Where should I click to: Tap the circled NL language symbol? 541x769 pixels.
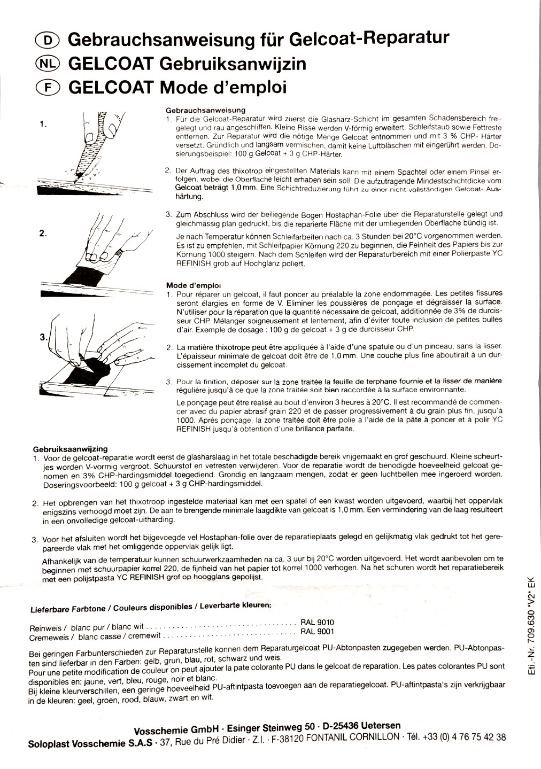(48, 64)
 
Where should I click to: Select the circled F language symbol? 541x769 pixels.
(48, 88)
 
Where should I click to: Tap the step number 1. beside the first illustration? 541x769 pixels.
(43, 124)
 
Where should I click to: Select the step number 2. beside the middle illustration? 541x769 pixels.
(43, 233)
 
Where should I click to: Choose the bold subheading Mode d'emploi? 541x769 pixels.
(194, 285)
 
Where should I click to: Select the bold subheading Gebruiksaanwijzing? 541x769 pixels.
(71, 449)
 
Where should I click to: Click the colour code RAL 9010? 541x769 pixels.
(318, 623)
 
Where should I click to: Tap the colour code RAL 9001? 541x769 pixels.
(318, 631)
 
